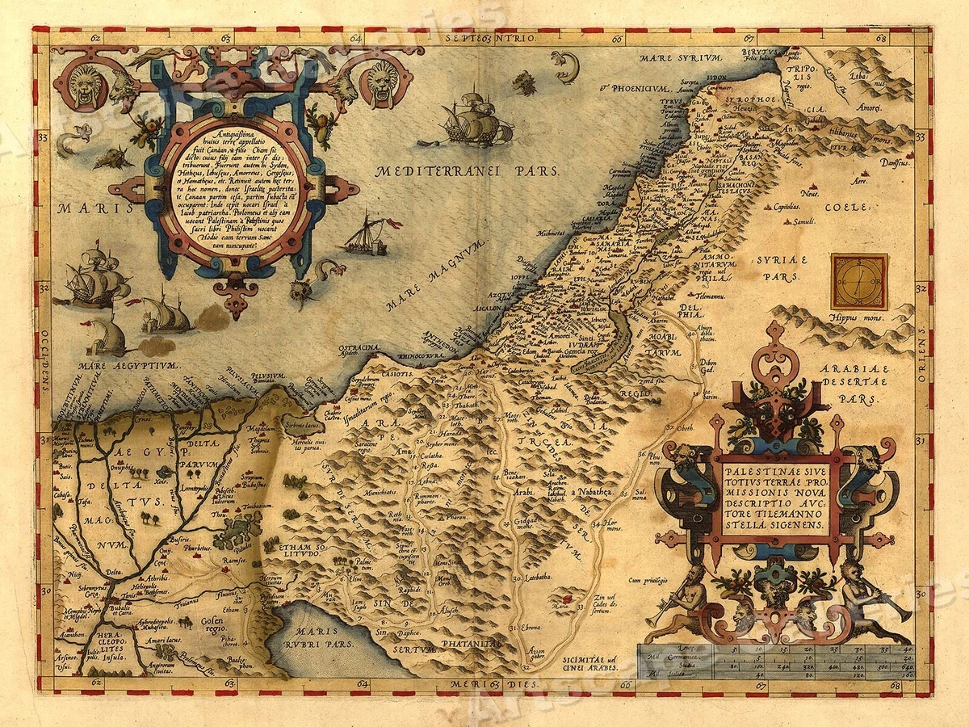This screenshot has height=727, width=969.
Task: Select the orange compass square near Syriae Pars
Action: pos(859,282)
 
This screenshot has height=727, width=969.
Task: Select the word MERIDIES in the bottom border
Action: pos(490,686)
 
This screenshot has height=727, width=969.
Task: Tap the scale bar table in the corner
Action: pos(775,658)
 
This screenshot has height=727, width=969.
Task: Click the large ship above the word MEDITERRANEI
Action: pos(476,120)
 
